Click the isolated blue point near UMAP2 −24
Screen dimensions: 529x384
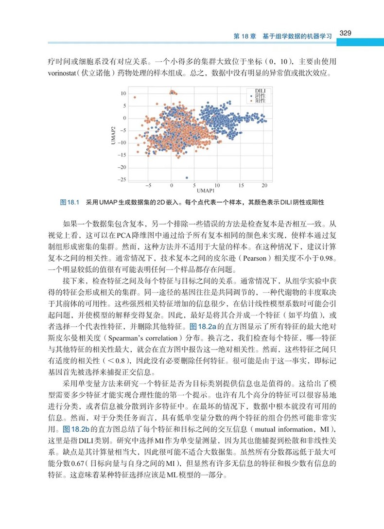187,177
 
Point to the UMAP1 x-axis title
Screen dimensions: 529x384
206,191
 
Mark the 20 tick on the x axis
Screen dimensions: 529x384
264,186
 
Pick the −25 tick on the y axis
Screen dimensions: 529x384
122,180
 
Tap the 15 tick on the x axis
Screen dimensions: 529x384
241,186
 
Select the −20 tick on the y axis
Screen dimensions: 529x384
122,168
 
